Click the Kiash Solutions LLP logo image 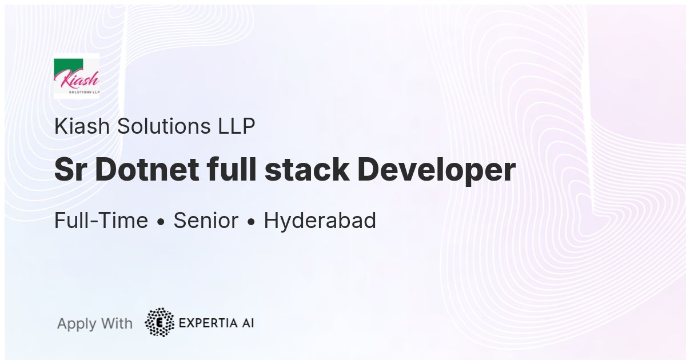(76, 76)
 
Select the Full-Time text (101, 221)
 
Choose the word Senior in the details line (206, 221)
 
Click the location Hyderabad (320, 221)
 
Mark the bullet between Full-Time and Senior (161, 222)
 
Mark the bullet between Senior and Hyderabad (251, 222)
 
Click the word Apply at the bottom (77, 324)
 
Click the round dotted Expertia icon (159, 322)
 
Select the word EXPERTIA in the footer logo (208, 323)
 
